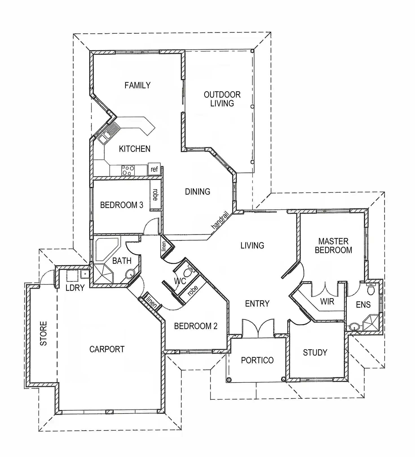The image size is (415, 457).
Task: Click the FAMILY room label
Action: [138, 85]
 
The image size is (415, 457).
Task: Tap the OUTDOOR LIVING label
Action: [222, 99]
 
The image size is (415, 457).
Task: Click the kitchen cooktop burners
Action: [128, 170]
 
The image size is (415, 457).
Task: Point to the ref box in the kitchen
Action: [154, 169]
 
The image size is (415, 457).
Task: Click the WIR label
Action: [327, 302]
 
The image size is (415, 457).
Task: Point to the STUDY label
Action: [315, 353]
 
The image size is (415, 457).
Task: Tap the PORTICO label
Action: [257, 360]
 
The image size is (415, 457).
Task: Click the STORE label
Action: [43, 334]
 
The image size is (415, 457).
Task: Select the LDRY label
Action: [75, 288]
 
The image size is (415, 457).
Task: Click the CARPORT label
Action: [107, 349]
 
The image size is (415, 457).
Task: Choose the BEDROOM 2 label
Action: [196, 326]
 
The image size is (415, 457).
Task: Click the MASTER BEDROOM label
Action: [334, 246]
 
